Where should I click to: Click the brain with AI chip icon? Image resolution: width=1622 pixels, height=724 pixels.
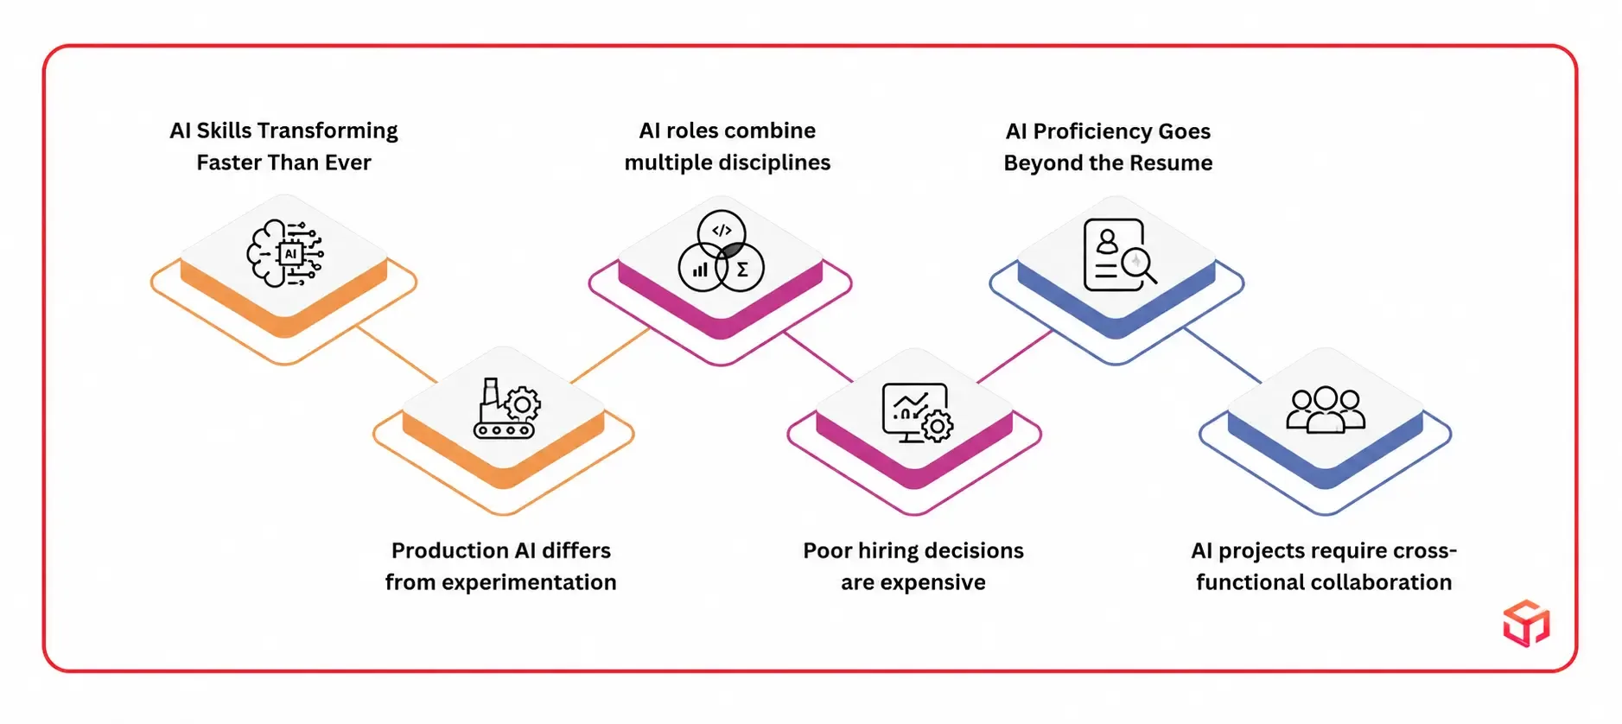[x=285, y=253]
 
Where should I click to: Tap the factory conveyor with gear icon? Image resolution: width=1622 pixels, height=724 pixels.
[x=507, y=409]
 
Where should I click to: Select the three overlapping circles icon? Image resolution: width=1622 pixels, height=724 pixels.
[x=722, y=251]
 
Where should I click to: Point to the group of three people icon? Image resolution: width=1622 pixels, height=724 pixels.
[x=1326, y=410]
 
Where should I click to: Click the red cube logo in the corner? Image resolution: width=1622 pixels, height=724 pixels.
[x=1526, y=623]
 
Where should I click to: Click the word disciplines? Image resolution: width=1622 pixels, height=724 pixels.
[x=776, y=163]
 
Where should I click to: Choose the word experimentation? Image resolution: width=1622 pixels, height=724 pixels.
[x=529, y=583]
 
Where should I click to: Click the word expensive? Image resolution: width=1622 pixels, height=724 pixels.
[x=933, y=583]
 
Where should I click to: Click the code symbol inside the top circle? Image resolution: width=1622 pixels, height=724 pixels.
[x=722, y=231]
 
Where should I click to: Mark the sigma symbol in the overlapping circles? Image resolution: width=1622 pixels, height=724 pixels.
[x=742, y=270]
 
